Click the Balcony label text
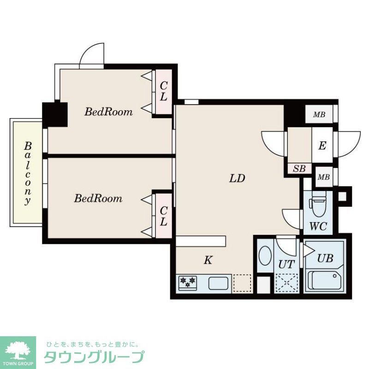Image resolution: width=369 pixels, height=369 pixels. [28, 173]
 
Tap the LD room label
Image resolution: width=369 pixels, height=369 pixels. [237, 179]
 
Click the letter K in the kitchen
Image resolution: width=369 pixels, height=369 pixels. [208, 261]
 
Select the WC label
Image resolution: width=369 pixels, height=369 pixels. [318, 226]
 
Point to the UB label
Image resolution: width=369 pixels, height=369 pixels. [325, 258]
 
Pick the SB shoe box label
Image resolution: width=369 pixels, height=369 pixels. [299, 168]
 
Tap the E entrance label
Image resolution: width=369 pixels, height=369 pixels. [322, 146]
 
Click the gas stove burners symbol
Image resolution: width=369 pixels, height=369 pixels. [188, 281]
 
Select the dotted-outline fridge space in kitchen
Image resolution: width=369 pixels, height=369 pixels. [242, 282]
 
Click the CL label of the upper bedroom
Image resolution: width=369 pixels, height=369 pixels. [163, 92]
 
